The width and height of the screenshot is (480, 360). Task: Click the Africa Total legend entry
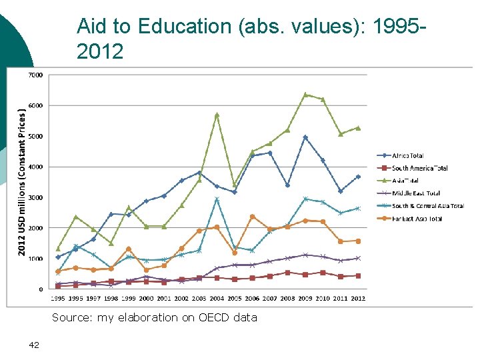point(407,156)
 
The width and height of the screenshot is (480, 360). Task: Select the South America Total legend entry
point(419,168)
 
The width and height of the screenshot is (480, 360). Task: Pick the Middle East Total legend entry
point(416,193)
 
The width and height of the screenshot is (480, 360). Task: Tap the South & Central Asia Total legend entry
point(427,206)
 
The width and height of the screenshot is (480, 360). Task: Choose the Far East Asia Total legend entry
point(417,219)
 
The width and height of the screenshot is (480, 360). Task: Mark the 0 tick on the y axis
point(41,289)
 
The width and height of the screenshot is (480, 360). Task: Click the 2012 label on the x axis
point(358,297)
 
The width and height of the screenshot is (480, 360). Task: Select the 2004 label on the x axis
point(217,297)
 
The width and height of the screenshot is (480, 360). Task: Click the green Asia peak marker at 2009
point(305,95)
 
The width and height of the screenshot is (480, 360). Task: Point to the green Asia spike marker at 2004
point(217,115)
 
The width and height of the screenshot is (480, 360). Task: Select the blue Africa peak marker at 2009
point(305,137)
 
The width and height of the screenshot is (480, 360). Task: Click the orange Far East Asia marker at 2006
point(252,217)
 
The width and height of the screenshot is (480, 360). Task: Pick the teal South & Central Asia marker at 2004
point(217,199)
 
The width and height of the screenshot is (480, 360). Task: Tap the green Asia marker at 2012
point(358,128)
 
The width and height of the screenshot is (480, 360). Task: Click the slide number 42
point(35,345)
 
